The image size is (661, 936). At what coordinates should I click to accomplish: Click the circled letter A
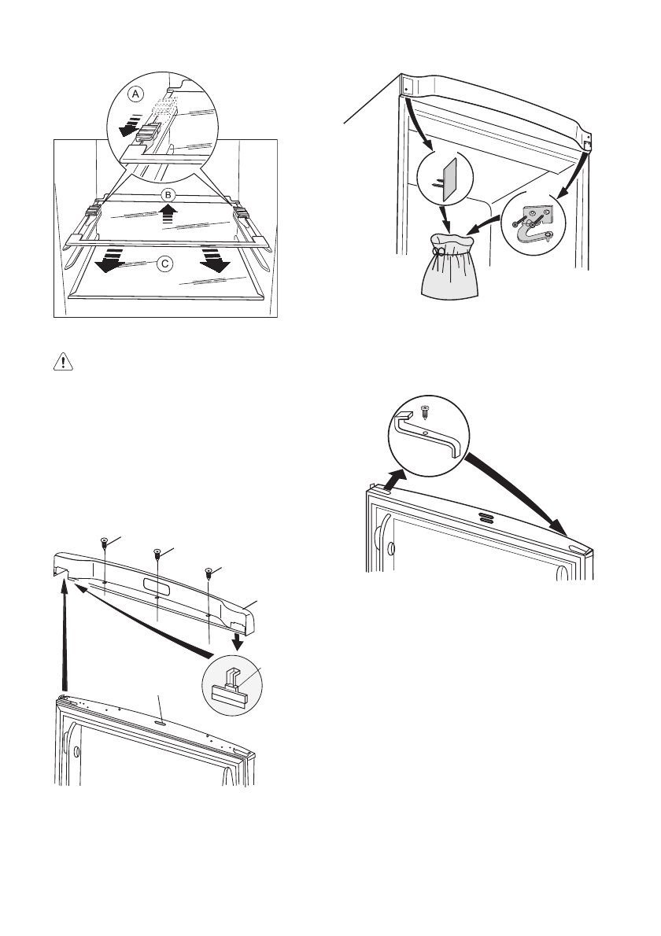(136, 94)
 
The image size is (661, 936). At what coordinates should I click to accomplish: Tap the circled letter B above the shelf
(167, 193)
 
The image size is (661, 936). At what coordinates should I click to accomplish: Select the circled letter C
(164, 265)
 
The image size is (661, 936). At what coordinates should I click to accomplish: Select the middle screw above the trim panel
(157, 555)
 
